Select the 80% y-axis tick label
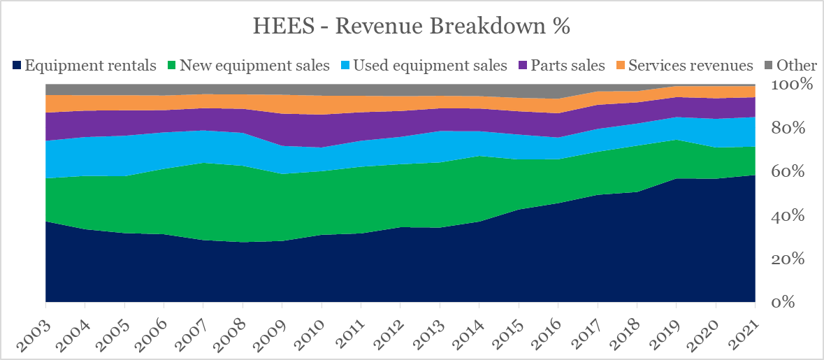tap(793, 129)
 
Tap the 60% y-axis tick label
tap(793, 173)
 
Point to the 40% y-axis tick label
tap(793, 216)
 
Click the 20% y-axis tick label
tap(793, 259)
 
